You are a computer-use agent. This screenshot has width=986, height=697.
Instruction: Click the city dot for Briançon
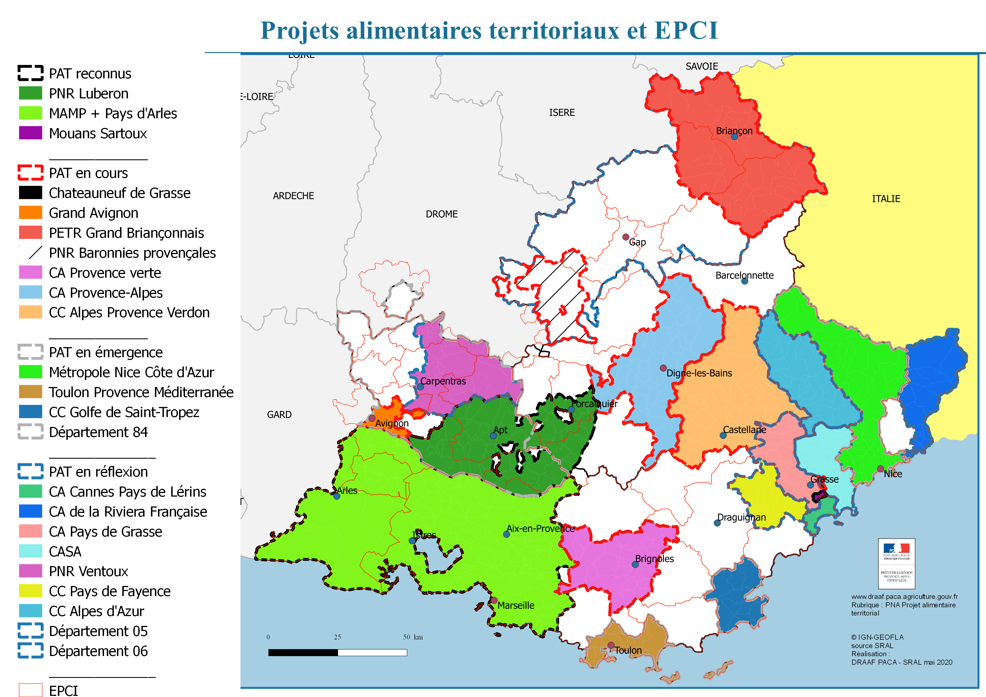tap(734, 137)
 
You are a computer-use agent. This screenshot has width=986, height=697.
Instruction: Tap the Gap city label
tap(637, 242)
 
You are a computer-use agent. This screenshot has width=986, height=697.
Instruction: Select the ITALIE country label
tap(886, 199)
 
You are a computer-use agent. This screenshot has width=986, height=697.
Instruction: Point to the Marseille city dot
tap(494, 600)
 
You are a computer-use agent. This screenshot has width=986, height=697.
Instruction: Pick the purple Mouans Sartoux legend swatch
tap(30, 133)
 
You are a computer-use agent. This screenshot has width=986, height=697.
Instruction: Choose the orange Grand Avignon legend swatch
tap(30, 213)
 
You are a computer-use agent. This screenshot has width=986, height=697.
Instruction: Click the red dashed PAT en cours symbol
tap(30, 173)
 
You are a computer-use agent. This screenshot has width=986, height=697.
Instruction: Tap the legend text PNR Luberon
tap(89, 94)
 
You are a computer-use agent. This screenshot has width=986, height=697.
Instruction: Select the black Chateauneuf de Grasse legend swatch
tap(30, 193)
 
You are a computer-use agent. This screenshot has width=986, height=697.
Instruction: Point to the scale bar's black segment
tap(303, 652)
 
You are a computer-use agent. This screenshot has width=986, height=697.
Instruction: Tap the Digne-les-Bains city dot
tap(663, 368)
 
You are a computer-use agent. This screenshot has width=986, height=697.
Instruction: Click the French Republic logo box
tap(896, 563)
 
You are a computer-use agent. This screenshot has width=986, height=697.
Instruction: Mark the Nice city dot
tap(880, 469)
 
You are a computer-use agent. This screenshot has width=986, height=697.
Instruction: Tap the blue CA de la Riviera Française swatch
tap(30, 512)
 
